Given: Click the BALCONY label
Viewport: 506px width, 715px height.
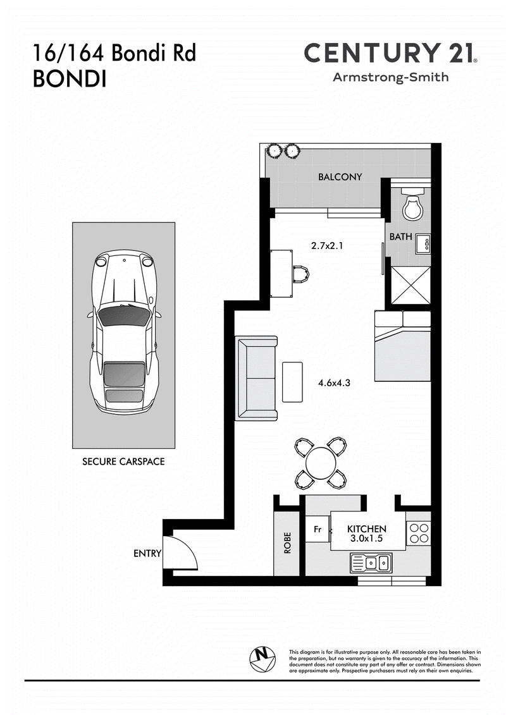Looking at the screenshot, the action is pyautogui.click(x=340, y=177).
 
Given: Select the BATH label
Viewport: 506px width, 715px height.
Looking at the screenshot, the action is pyautogui.click(x=400, y=236).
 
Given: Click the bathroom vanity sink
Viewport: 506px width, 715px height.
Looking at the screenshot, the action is pyautogui.click(x=423, y=244).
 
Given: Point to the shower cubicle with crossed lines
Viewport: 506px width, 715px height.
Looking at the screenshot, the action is pyautogui.click(x=410, y=286).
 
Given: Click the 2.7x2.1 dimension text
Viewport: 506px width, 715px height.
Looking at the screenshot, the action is pyautogui.click(x=327, y=246).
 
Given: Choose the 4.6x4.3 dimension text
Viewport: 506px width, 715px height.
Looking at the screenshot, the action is pyautogui.click(x=334, y=383).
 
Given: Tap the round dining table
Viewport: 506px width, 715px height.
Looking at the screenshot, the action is pyautogui.click(x=320, y=462).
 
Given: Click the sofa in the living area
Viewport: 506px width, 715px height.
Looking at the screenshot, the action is pyautogui.click(x=256, y=378).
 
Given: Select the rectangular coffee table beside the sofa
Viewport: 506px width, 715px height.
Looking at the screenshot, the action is pyautogui.click(x=292, y=382).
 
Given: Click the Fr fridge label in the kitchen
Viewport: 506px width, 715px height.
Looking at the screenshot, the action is pyautogui.click(x=318, y=529).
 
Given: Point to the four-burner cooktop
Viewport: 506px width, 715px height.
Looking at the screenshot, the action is pyautogui.click(x=418, y=534).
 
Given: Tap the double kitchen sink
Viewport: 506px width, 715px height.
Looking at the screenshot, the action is pyautogui.click(x=371, y=563).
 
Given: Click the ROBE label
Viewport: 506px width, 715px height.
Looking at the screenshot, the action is pyautogui.click(x=287, y=542).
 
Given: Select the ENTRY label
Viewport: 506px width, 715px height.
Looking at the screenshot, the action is pyautogui.click(x=147, y=554).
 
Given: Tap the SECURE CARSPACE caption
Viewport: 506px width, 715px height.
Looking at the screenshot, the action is pyautogui.click(x=123, y=461).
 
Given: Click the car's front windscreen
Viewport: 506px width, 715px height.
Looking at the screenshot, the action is pyautogui.click(x=125, y=315).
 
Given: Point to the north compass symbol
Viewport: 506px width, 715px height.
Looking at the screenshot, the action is pyautogui.click(x=262, y=659).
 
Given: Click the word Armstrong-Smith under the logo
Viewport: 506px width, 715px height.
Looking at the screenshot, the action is pyautogui.click(x=390, y=77).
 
